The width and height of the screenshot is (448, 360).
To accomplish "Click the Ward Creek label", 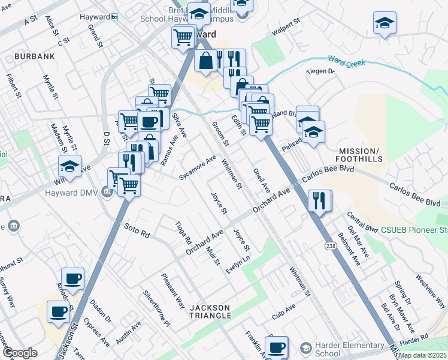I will pos(347,61).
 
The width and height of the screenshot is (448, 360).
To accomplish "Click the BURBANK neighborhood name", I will pos(36,56).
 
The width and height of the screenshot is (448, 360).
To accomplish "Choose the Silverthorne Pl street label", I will pos(156,310).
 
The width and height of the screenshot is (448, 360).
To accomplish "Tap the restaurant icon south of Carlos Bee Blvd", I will pos(320,200).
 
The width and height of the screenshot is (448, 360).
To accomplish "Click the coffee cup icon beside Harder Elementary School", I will pos(276,347).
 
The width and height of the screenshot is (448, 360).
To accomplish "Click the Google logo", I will pos(20,353).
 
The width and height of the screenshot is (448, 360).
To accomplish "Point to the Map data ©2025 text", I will pos(423,355).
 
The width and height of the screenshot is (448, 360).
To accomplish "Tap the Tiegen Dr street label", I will pos(320,71).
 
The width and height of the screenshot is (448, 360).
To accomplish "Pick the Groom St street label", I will pos(220,134).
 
